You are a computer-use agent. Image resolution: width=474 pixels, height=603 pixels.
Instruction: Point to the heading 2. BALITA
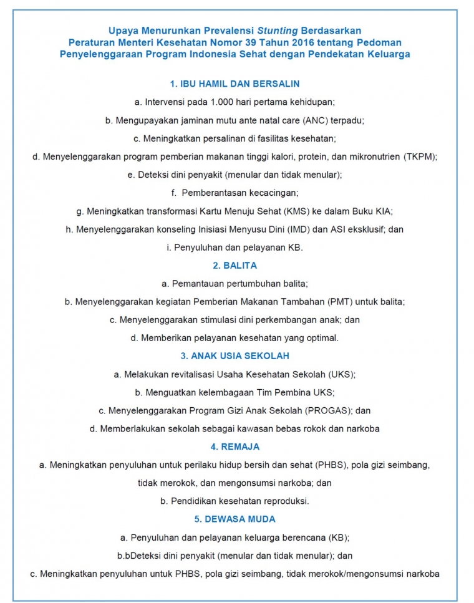[x=235, y=265]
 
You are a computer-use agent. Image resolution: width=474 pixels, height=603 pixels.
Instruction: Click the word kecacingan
[x=271, y=193]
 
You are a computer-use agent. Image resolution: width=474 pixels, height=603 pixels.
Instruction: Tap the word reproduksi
[x=285, y=501]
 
